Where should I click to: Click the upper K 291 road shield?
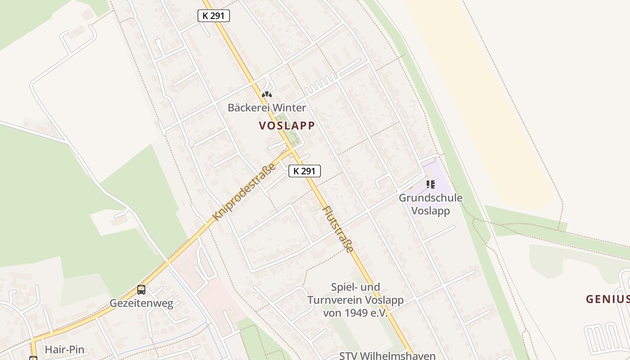pyautogui.click(x=214, y=16)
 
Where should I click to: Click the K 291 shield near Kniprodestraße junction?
pyautogui.click(x=305, y=171)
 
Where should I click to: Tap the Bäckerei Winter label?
pyautogui.click(x=266, y=108)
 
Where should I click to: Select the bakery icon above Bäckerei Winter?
pyautogui.click(x=267, y=95)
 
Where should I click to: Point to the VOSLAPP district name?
pyautogui.click(x=287, y=126)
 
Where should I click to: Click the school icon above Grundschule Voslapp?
pyautogui.click(x=431, y=184)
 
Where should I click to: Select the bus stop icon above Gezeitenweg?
pyautogui.click(x=141, y=290)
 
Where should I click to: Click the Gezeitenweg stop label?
pyautogui.click(x=141, y=303)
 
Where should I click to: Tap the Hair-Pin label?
pyautogui.click(x=64, y=350)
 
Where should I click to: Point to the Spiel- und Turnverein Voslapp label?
pyautogui.click(x=355, y=300)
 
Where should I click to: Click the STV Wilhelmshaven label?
pyautogui.click(x=387, y=355)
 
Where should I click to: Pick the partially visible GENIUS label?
pyautogui.click(x=607, y=299)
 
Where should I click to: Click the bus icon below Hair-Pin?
pyautogui.click(x=33, y=358)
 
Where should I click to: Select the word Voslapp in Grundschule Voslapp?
pyautogui.click(x=431, y=211)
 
